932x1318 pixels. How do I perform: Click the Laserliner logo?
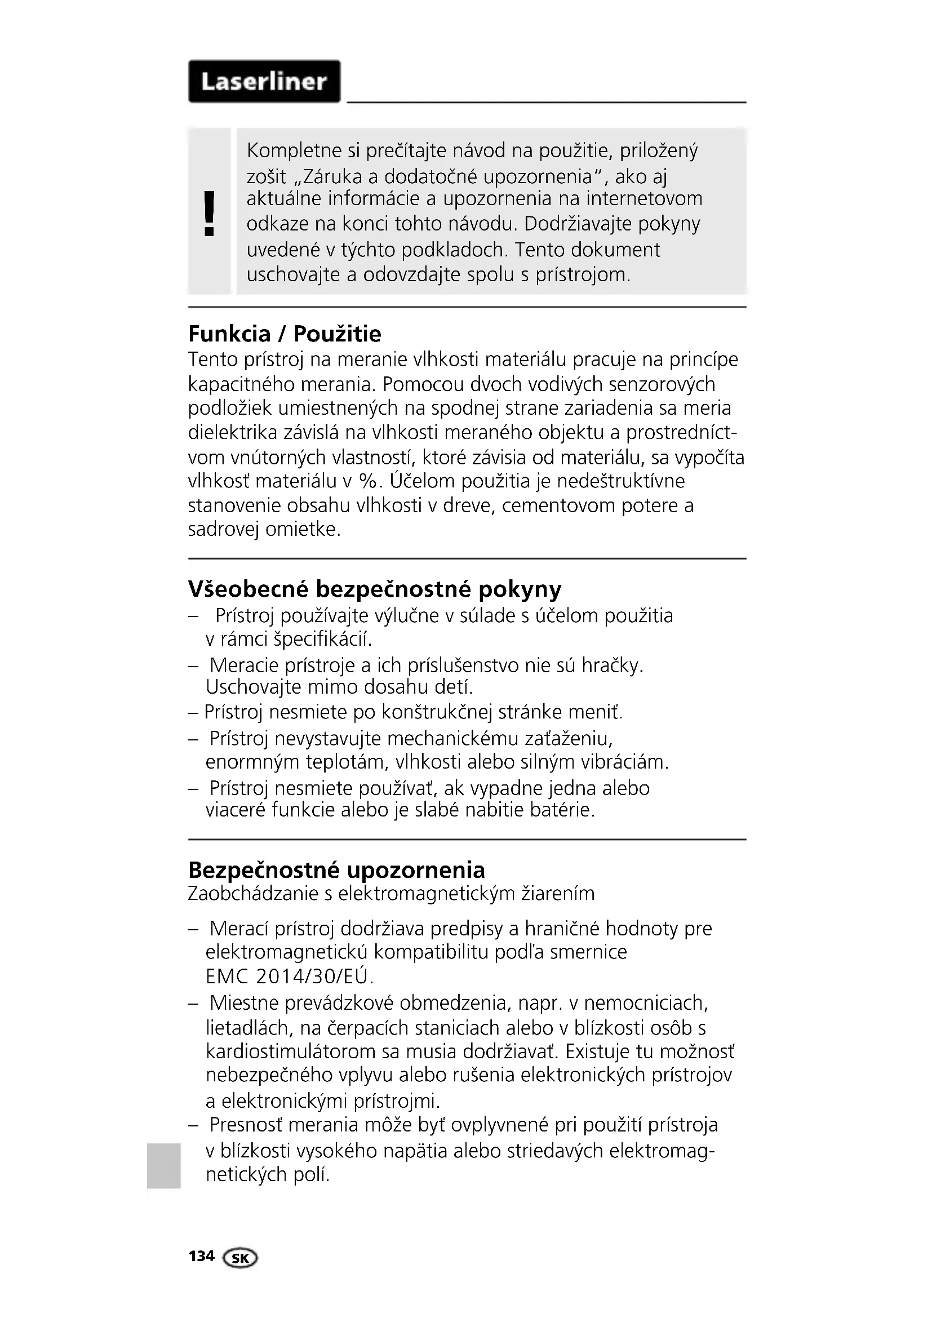click(264, 82)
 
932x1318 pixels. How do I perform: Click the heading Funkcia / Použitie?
click(285, 334)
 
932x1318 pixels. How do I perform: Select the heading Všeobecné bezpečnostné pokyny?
click(375, 589)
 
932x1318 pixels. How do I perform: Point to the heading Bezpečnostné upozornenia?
click(336, 869)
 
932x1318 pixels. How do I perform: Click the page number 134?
click(201, 1257)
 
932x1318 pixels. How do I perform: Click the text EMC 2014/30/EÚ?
click(289, 976)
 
